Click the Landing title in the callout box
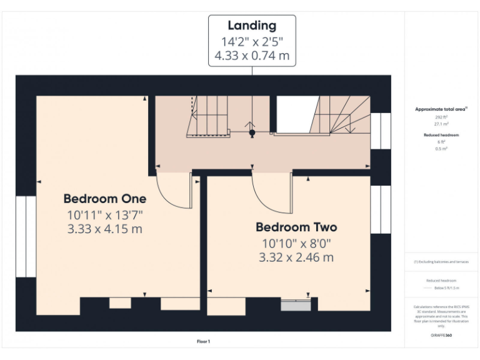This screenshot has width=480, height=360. [252, 26]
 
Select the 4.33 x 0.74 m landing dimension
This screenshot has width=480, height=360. [252, 56]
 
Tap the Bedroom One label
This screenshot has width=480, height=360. [105, 199]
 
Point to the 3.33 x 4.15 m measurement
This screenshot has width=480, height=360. [105, 229]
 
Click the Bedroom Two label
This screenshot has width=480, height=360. [296, 227]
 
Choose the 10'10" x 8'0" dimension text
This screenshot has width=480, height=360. [296, 243]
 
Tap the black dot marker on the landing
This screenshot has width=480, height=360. [252, 132]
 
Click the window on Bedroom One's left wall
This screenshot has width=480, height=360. [26, 236]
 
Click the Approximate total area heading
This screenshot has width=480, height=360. [441, 109]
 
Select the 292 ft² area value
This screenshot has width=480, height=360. [441, 117]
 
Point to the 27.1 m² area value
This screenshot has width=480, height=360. [441, 124]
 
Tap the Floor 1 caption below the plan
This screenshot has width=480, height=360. [204, 341]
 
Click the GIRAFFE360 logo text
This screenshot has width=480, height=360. [441, 336]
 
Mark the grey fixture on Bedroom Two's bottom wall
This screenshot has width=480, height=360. [296, 306]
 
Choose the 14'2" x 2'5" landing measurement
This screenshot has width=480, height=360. [252, 42]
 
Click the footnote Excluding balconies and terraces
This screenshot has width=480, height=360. [441, 262]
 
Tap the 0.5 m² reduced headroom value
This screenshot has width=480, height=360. [441, 149]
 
